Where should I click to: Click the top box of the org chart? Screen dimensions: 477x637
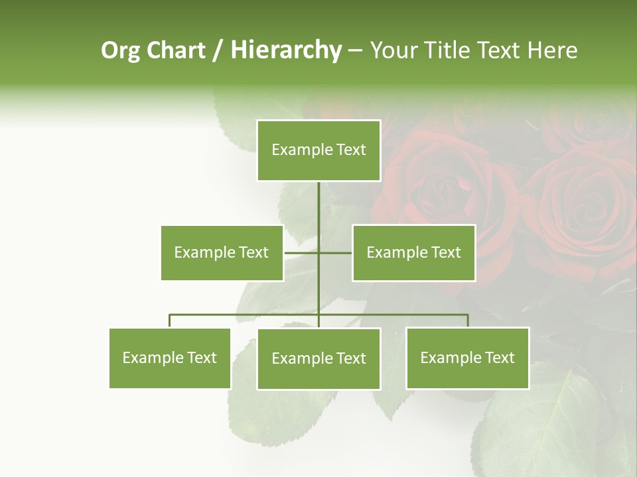[318, 150]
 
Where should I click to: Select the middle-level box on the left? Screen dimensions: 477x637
[222, 252]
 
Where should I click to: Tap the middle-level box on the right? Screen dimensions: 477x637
[413, 252]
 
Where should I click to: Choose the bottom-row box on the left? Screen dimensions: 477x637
[170, 358]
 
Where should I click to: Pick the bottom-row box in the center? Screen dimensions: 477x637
[318, 358]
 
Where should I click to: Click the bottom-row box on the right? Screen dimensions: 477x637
[467, 358]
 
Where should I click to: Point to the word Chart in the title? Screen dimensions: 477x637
[177, 50]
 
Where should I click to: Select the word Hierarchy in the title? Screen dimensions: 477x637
[286, 50]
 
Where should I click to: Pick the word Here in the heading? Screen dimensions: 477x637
[552, 50]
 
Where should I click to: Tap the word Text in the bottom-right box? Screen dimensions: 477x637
[500, 358]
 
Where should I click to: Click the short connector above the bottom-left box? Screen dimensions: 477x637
[170, 321]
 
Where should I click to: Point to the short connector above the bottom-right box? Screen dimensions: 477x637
[468, 321]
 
